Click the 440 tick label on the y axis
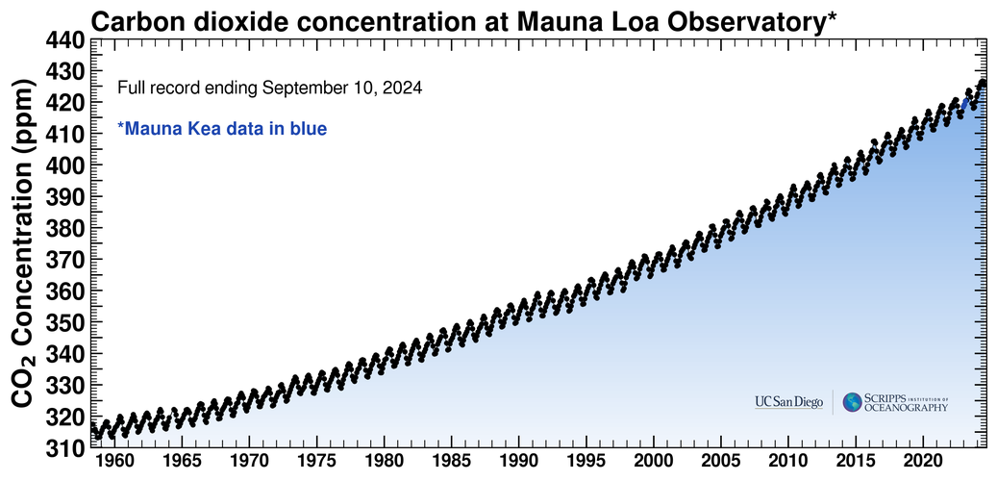[x=65, y=40]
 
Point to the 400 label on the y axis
[x=65, y=165]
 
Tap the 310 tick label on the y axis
[x=65, y=447]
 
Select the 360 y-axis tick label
[x=65, y=291]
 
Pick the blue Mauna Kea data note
[x=222, y=129]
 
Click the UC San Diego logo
[x=788, y=401]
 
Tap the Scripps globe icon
[x=853, y=401]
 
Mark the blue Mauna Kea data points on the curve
[x=966, y=104]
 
